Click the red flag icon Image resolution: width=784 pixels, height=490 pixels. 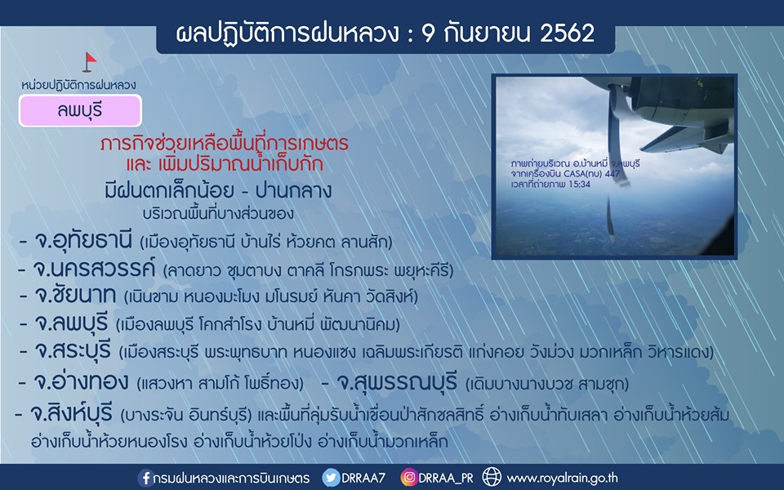click(x=90, y=62)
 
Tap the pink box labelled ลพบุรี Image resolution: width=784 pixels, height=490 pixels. click(x=80, y=110)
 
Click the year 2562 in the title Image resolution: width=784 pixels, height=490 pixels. click(x=568, y=33)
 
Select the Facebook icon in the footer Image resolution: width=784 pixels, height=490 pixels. click(x=145, y=478)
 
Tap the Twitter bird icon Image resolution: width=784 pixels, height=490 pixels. click(x=331, y=478)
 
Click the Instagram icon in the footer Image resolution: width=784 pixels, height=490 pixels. click(x=408, y=478)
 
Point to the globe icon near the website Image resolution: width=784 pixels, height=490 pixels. click(x=492, y=478)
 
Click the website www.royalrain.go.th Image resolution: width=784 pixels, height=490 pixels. click(x=563, y=479)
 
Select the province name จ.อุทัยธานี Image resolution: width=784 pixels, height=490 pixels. click(x=83, y=240)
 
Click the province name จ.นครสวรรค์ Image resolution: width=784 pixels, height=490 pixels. click(x=94, y=269)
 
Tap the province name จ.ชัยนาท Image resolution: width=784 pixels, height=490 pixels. click(x=75, y=295)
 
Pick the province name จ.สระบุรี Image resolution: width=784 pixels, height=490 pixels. click(x=73, y=350)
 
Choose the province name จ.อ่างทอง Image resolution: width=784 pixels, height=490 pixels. click(x=81, y=382)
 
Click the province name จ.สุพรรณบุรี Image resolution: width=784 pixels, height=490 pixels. click(x=397, y=382)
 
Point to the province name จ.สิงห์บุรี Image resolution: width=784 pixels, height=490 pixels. click(x=72, y=413)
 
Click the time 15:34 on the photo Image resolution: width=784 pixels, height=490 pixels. click(x=579, y=184)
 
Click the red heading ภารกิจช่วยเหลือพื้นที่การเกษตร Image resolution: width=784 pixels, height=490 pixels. click(x=224, y=144)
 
